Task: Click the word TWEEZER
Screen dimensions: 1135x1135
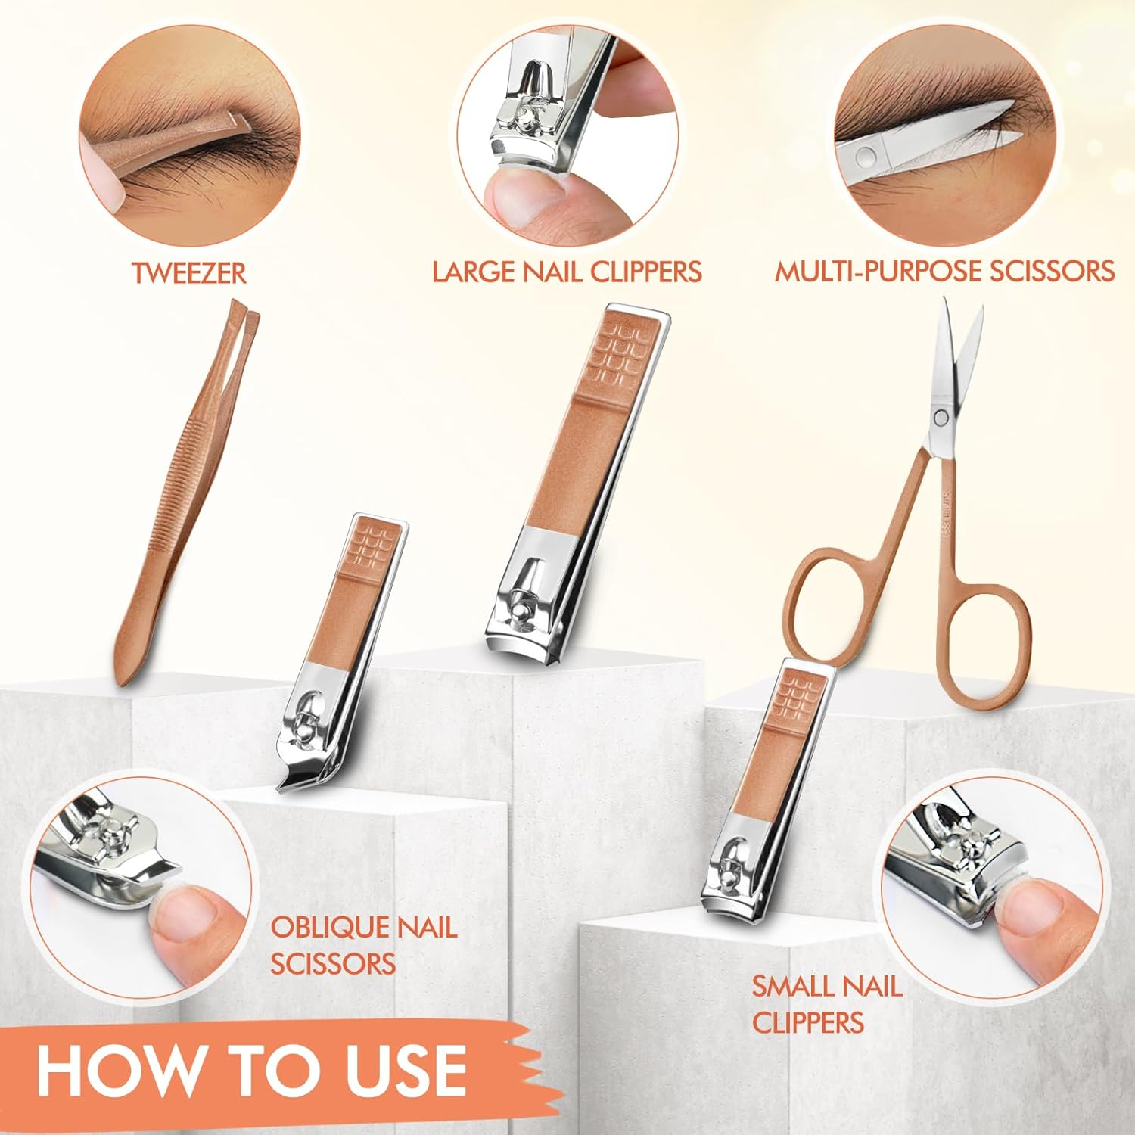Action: [189, 272]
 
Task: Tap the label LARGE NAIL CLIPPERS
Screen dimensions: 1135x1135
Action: [567, 272]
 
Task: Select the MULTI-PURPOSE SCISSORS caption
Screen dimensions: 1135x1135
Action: [944, 272]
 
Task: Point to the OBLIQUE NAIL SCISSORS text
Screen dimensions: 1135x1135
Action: [364, 946]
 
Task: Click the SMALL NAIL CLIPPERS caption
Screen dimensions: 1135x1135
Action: [826, 1004]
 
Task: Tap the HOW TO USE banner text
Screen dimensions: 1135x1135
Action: [251, 1070]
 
